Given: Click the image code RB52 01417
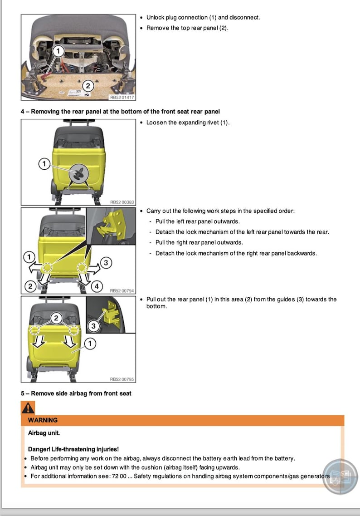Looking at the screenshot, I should pyautogui.click(x=122, y=97).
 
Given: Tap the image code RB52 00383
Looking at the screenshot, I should pyautogui.click(x=122, y=202).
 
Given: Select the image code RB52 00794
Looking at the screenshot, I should pyautogui.click(x=122, y=290).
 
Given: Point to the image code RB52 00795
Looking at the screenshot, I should pyautogui.click(x=122, y=379).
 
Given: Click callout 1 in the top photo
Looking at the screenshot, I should pyautogui.click(x=58, y=51).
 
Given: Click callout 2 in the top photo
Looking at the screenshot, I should pyautogui.click(x=88, y=85).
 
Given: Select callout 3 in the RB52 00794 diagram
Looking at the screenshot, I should pyautogui.click(x=106, y=262).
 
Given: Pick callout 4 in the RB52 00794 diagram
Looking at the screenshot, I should pyautogui.click(x=97, y=286).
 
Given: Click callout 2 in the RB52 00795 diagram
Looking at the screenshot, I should pyautogui.click(x=56, y=318).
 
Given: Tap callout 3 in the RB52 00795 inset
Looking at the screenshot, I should pyautogui.click(x=93, y=326).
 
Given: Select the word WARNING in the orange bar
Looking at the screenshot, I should pyautogui.click(x=43, y=420).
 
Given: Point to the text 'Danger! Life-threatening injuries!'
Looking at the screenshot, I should pyautogui.click(x=73, y=449).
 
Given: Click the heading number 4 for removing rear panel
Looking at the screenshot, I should pyautogui.click(x=23, y=112).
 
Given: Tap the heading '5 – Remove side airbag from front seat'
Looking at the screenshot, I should pyautogui.click(x=76, y=393).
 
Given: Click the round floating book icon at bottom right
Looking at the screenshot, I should pyautogui.click(x=340, y=477).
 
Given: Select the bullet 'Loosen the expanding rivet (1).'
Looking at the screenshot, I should pyautogui.click(x=188, y=123).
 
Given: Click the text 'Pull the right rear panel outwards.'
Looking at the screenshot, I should pyautogui.click(x=199, y=242).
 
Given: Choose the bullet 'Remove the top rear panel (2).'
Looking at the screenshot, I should pyautogui.click(x=187, y=28).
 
